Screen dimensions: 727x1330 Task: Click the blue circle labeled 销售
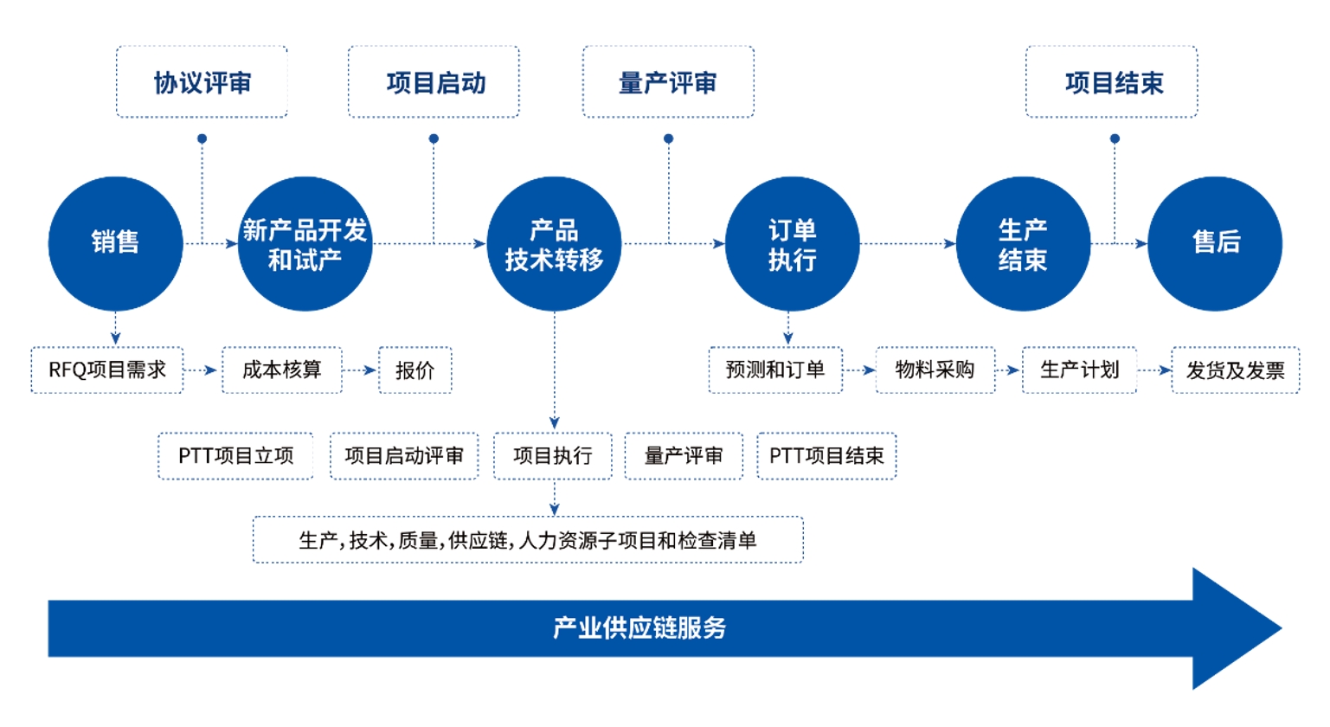[115, 243]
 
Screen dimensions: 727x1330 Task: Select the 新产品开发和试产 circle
[305, 243]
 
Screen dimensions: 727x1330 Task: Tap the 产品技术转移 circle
[554, 243]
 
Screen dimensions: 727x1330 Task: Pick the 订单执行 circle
[792, 243]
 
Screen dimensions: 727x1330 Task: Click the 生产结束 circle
[1023, 243]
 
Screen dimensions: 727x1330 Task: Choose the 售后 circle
[1215, 243]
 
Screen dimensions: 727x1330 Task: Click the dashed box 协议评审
[202, 82]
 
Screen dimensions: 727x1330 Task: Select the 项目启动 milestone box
[434, 82]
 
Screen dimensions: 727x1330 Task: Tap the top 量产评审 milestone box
[668, 82]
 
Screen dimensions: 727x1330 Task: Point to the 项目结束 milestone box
[1112, 82]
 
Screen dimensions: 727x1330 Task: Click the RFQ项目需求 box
[107, 370]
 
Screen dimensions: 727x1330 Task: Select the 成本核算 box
[282, 370]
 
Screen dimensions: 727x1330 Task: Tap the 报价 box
[415, 370]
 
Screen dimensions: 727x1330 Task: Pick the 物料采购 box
[935, 370]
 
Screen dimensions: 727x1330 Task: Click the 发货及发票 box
[1235, 370]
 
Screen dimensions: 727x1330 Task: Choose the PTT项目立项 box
[235, 456]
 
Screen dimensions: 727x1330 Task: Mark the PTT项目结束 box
[826, 456]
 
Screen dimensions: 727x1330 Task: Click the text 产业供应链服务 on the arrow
[639, 627]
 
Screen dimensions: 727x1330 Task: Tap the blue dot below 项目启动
[434, 138]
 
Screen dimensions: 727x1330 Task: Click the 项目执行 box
[553, 456]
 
